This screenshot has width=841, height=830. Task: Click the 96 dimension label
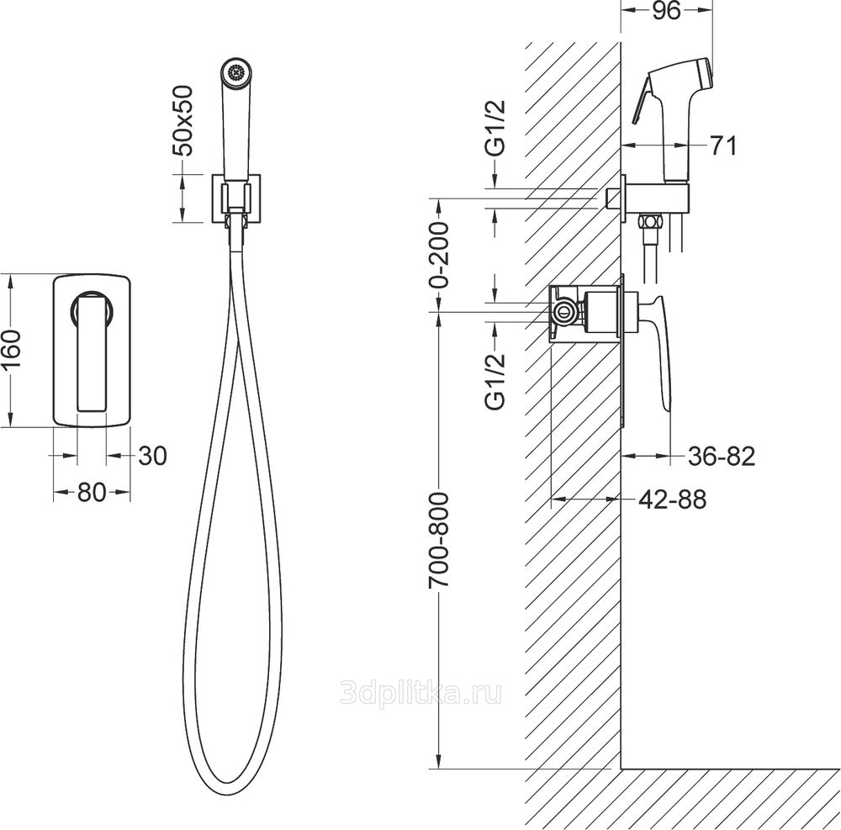pyautogui.click(x=667, y=11)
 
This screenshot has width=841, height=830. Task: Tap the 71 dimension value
pyautogui.click(x=723, y=145)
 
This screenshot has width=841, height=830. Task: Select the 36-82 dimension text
pyautogui.click(x=722, y=456)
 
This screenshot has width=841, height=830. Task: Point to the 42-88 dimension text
pyautogui.click(x=673, y=500)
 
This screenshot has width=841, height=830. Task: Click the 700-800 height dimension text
pyautogui.click(x=439, y=541)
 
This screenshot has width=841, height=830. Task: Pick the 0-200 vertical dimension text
pyautogui.click(x=439, y=255)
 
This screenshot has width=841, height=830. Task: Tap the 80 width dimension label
pyautogui.click(x=92, y=492)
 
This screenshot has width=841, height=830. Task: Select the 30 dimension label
pyautogui.click(x=153, y=456)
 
